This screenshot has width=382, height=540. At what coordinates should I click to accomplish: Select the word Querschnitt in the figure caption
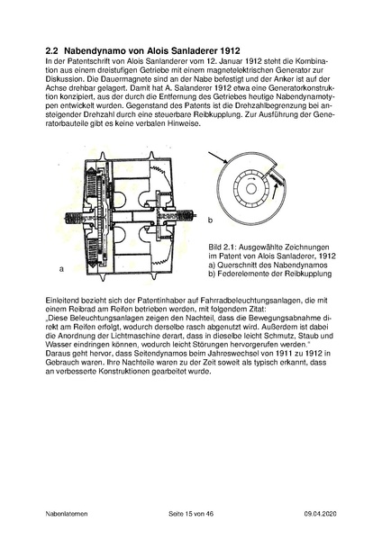[249, 265]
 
